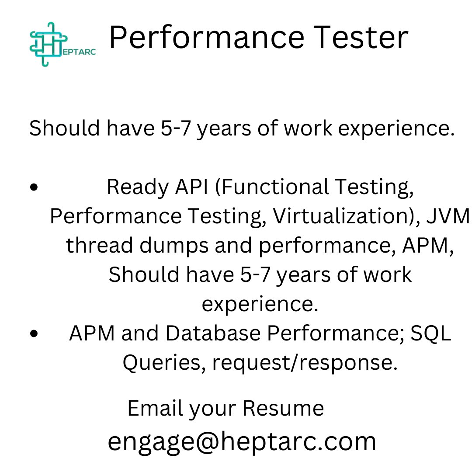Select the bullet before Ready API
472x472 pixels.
point(35,187)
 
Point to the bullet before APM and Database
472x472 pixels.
point(35,334)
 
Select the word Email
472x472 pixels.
point(155,408)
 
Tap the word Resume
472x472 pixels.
point(283,408)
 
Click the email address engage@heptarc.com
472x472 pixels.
point(242,441)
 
